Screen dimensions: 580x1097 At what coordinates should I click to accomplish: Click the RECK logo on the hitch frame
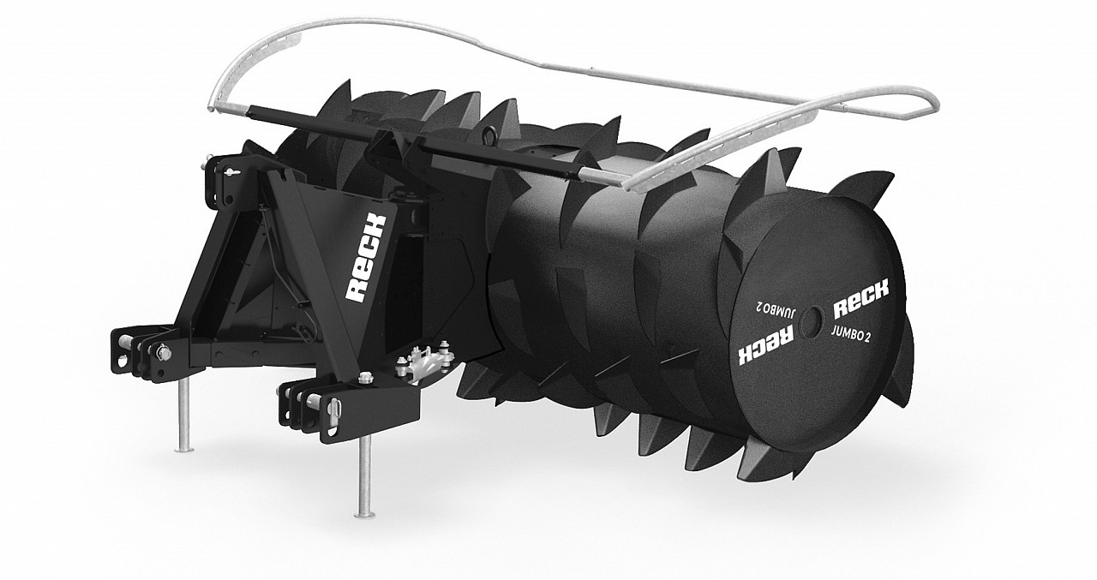366,258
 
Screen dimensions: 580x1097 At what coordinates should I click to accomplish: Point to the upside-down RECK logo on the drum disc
759,344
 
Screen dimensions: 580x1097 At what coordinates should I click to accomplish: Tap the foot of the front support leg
366,512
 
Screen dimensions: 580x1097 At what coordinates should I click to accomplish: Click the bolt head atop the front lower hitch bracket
368,376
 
